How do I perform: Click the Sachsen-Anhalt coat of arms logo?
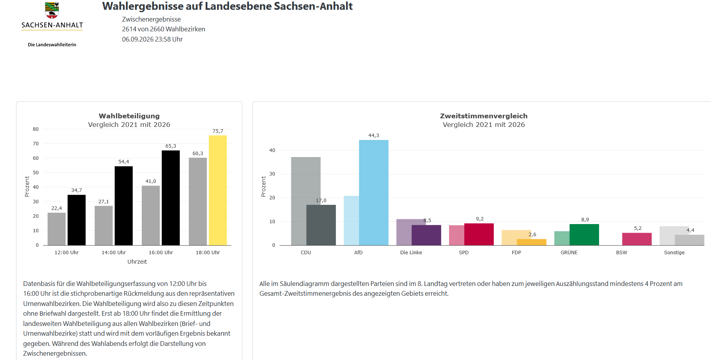point(52,11)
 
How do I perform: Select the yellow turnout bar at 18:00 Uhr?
point(218,190)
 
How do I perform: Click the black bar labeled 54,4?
point(124,206)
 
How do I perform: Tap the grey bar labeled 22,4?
point(57,229)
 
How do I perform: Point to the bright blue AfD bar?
point(374,193)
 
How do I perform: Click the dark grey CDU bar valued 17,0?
point(321,225)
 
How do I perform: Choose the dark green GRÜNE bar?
point(584,235)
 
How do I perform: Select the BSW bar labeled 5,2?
point(637,239)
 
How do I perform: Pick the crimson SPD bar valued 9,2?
point(479,234)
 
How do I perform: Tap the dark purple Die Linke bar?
point(426,235)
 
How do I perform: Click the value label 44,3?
point(374,136)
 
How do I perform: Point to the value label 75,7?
point(218,131)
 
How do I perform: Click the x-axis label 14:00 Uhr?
point(114,253)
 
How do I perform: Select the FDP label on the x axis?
point(516,253)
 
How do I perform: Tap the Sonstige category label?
point(674,253)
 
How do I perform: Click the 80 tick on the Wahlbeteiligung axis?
point(36,129)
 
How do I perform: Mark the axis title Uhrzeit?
point(137,262)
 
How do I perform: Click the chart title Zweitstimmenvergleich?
point(484,116)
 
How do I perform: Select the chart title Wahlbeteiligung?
point(129,116)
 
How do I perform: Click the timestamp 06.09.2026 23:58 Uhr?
point(152,39)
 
